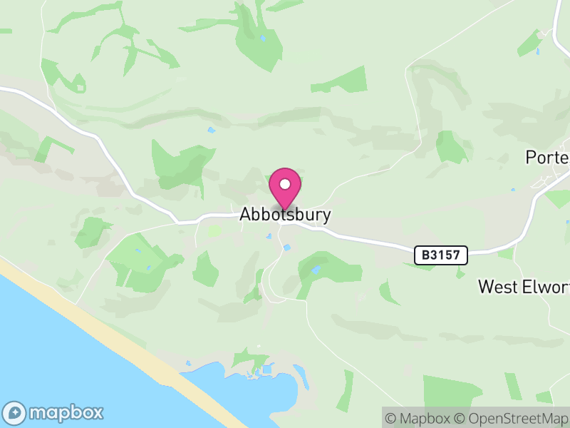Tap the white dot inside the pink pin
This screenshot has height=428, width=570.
coord(285,184)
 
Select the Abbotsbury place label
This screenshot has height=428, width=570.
coord(285,214)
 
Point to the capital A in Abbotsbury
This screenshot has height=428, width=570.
coord(246,214)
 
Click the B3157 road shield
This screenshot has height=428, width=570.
coord(441,254)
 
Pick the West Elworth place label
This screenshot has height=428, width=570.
coord(524,287)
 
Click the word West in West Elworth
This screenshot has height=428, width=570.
coord(496,287)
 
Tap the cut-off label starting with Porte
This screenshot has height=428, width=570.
coord(547,157)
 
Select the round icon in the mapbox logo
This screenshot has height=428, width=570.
coord(15,413)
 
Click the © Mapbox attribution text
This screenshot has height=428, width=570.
coord(418,418)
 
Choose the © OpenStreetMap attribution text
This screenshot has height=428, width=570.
coord(511,418)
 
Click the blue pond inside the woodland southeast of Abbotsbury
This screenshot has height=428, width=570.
coord(315,270)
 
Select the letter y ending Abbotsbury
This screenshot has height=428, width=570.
coord(326,215)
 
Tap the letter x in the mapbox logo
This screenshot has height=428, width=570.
coord(96,412)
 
